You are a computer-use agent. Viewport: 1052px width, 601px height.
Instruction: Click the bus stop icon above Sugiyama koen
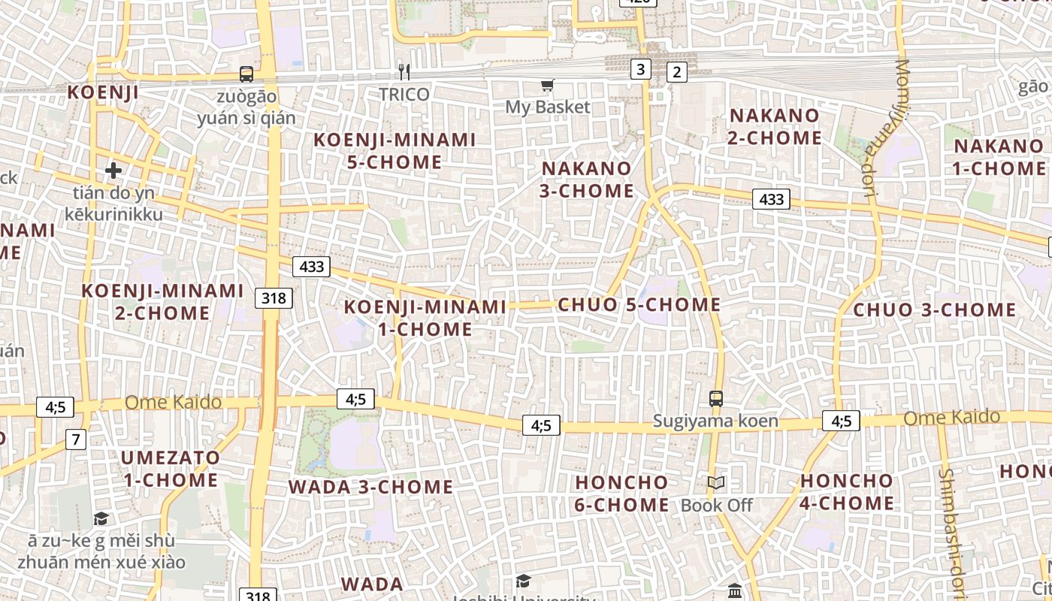point(716,398)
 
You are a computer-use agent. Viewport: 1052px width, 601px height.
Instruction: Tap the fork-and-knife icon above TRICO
point(404,72)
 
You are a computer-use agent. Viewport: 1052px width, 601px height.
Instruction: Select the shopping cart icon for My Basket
point(547,86)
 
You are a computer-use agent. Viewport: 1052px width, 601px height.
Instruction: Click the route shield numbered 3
point(639,70)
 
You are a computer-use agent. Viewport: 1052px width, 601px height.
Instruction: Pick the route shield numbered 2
point(677,72)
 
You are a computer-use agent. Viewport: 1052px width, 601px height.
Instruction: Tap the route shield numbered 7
point(75,439)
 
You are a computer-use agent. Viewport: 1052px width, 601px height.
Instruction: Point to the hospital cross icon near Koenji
point(113,171)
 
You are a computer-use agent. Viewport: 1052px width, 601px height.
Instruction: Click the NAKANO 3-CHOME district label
point(586,179)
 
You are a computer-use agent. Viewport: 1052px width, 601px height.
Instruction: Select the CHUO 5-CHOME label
point(639,304)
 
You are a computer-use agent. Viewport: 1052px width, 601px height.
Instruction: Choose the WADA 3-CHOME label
point(370,487)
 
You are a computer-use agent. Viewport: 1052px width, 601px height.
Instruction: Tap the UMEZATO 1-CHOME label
point(170,469)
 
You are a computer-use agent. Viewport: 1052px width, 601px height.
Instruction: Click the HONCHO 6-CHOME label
point(621,493)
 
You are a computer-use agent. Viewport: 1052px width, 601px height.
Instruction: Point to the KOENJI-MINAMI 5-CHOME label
point(394,151)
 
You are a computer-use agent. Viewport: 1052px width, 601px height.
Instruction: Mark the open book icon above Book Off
point(716,483)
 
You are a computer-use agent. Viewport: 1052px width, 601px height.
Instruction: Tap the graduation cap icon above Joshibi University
point(523,581)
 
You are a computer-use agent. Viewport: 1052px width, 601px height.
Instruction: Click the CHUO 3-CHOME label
point(935,310)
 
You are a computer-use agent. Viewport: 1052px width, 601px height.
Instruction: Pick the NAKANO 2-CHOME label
point(775,126)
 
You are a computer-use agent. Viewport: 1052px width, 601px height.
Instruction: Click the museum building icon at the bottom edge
point(735,590)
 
